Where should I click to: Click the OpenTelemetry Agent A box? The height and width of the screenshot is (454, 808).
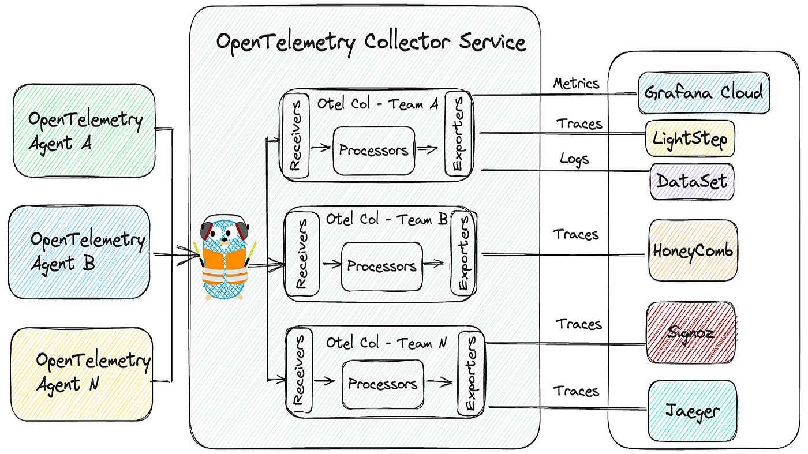84,130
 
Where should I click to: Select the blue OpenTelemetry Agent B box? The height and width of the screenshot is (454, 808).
81,252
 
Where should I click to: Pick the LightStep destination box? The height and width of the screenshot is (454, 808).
690,138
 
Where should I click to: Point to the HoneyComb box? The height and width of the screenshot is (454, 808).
693,251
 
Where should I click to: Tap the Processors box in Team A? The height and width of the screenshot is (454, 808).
373,151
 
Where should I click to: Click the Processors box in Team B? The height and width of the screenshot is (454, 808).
381,267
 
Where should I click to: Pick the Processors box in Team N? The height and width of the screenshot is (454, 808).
383,384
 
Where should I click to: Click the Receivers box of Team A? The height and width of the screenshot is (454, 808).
295,137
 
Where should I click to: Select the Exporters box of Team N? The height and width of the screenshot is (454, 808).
470,373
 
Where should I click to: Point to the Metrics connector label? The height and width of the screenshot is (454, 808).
576,84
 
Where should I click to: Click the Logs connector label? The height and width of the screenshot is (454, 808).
574,159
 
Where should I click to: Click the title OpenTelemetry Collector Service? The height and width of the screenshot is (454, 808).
371,43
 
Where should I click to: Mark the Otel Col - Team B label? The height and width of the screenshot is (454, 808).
387,220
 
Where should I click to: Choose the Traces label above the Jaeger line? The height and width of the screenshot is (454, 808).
576,391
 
